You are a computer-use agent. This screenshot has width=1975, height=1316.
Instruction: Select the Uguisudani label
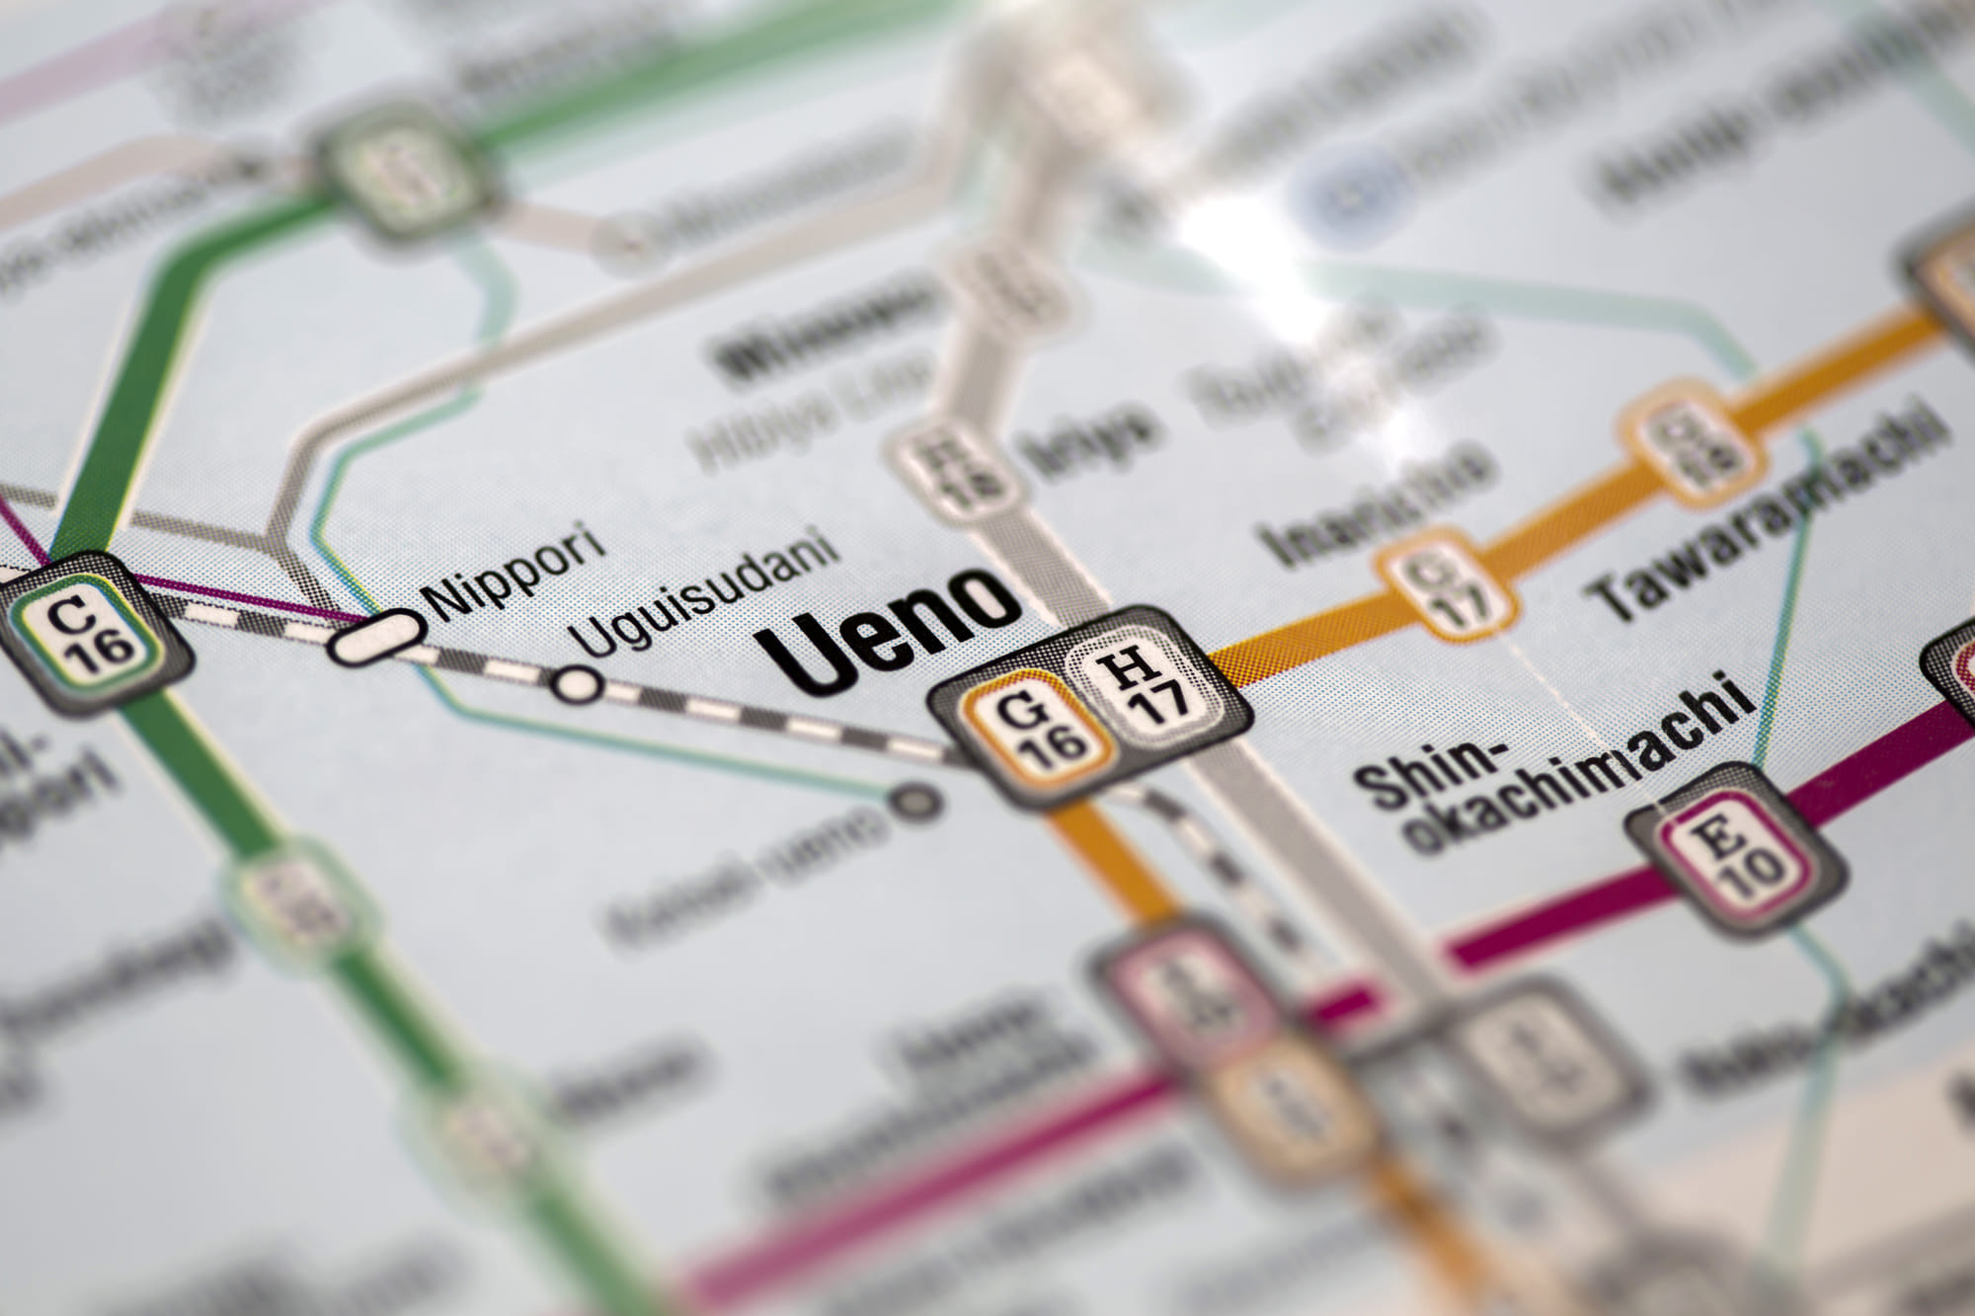tap(705, 591)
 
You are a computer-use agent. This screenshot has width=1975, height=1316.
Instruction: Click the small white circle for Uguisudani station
tap(577, 683)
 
